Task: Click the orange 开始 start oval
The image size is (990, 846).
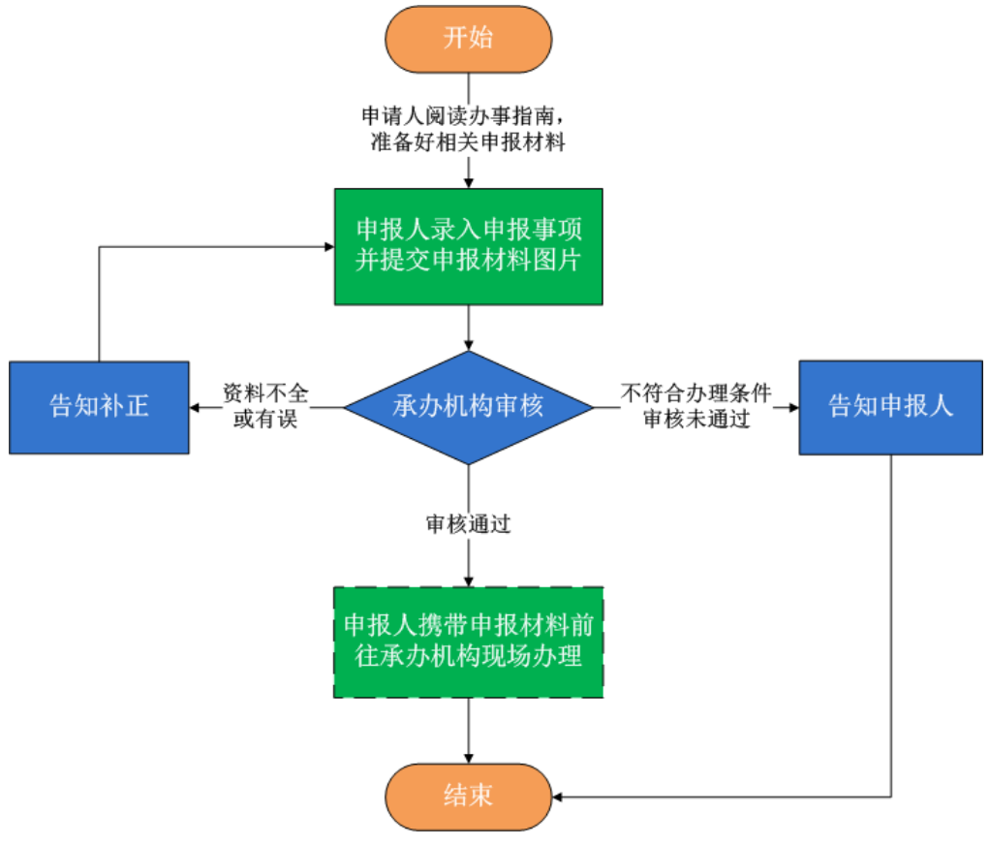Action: (469, 39)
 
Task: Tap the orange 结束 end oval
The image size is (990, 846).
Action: (469, 796)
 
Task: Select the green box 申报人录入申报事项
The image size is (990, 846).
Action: (469, 246)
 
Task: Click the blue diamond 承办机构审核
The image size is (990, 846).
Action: (469, 406)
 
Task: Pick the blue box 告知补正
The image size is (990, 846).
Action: (99, 406)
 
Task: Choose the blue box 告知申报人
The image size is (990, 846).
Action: (891, 406)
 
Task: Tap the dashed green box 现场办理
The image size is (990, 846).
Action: (469, 642)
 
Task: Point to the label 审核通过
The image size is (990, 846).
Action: (469, 524)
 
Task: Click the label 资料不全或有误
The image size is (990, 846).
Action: (264, 406)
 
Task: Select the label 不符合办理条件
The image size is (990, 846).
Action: (696, 393)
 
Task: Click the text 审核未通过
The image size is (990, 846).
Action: (696, 420)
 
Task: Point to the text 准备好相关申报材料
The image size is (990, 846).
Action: (469, 142)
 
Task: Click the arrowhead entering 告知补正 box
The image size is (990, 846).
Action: (196, 407)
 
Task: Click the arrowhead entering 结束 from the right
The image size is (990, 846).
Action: (559, 797)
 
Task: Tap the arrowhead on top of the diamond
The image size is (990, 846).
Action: (469, 345)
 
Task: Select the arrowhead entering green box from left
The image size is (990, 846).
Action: (329, 246)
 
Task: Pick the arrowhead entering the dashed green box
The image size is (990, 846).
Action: (469, 581)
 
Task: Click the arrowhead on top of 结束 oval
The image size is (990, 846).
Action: (469, 758)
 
